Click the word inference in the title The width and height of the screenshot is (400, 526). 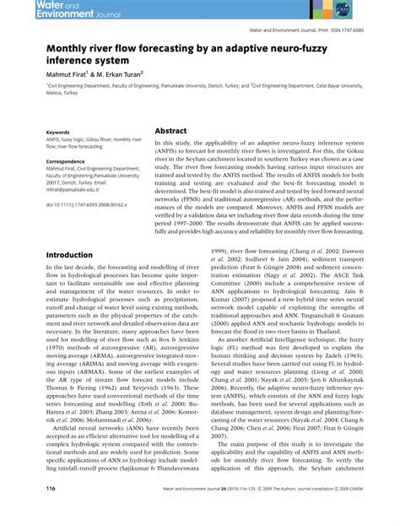(x=73, y=62)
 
